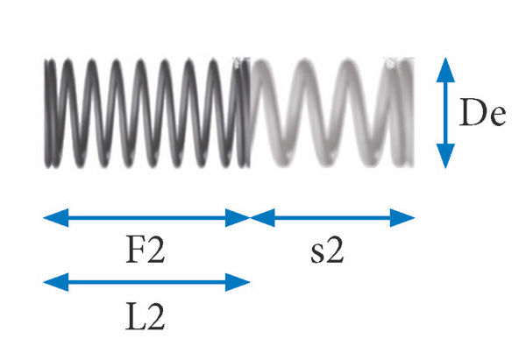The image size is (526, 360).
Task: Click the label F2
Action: coord(146,251)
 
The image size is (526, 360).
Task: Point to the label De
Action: coord(485,112)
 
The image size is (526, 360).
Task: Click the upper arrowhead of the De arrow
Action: coord(446,67)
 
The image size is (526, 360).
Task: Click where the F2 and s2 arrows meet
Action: coord(251,216)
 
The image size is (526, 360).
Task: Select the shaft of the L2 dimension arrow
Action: coord(146,282)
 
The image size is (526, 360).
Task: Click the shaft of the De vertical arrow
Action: coord(446,112)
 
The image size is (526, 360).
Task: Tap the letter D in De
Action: coord(475,112)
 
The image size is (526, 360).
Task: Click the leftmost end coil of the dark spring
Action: coord(51,112)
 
